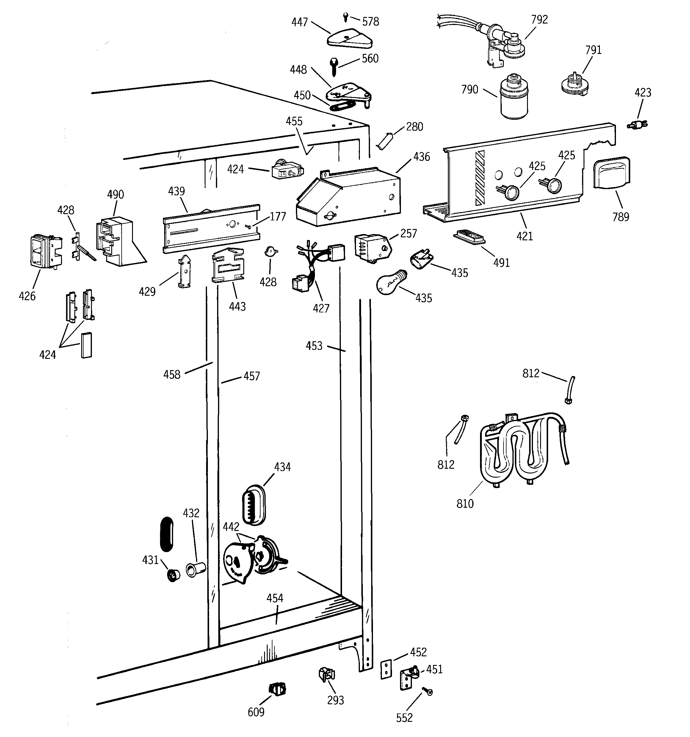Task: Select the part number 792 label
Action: click(x=539, y=20)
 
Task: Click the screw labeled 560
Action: click(x=332, y=67)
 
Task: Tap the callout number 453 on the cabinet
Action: click(x=314, y=346)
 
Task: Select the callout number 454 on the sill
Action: click(x=275, y=598)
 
